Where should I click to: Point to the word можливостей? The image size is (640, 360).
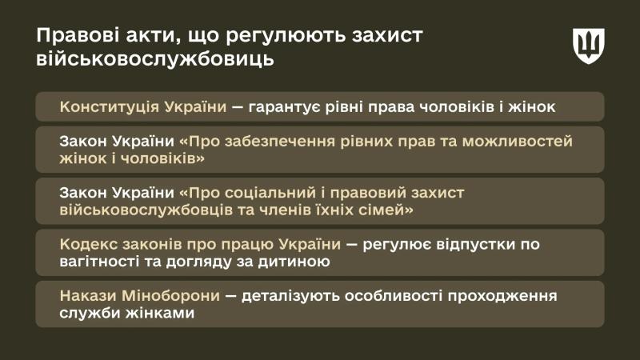[516, 142]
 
